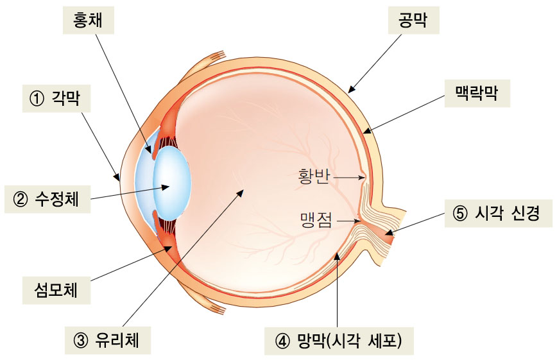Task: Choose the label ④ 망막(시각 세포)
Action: [x=339, y=340]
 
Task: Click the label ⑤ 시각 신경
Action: [x=498, y=214]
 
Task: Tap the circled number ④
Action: [x=283, y=340]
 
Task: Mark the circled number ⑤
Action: [x=459, y=214]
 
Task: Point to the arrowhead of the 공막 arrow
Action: [x=351, y=90]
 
